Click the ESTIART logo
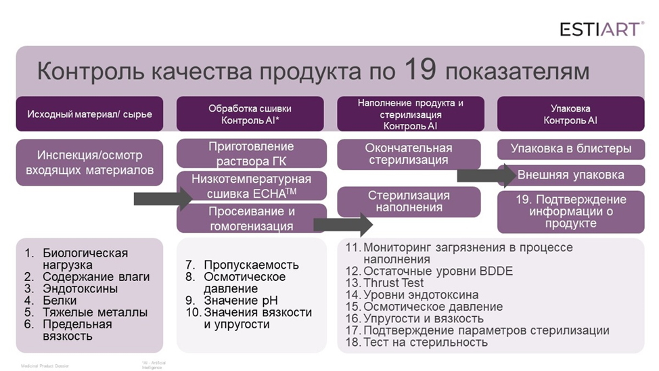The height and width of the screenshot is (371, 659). (x=601, y=28)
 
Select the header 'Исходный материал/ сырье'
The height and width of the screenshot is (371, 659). (x=89, y=114)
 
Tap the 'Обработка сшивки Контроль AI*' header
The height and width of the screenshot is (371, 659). (x=250, y=114)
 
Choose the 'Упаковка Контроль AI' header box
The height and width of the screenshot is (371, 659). (x=570, y=114)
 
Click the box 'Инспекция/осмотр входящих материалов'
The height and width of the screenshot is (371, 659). (x=89, y=162)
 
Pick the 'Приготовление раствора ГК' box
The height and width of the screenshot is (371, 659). (x=251, y=154)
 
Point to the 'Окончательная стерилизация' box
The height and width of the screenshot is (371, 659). (x=409, y=154)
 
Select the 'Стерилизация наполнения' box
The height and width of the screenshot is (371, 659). (x=409, y=201)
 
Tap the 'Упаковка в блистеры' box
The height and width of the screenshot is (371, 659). (x=571, y=149)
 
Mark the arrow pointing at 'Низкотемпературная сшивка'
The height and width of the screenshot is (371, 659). (x=162, y=198)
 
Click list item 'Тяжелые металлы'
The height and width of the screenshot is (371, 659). (x=95, y=312)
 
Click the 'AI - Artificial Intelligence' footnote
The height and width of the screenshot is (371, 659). (x=154, y=365)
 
